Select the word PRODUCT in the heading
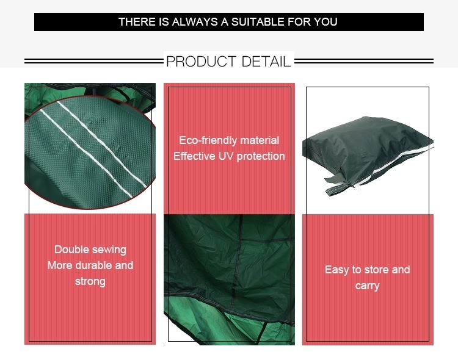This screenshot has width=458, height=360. pyautogui.click(x=202, y=61)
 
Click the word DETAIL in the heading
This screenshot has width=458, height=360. pyautogui.click(x=266, y=61)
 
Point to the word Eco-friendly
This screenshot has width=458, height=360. pyautogui.click(x=208, y=140)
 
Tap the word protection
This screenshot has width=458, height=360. pyautogui.click(x=261, y=157)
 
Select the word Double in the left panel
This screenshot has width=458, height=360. pyautogui.click(x=71, y=250)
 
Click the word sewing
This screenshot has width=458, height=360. pyautogui.click(x=109, y=250)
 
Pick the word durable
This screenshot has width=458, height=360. pyautogui.click(x=93, y=265)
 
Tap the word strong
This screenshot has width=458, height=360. pyautogui.click(x=90, y=282)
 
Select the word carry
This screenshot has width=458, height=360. pyautogui.click(x=368, y=286)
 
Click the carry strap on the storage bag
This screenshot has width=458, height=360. pyautogui.click(x=339, y=187)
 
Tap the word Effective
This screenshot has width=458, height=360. pyautogui.click(x=194, y=156)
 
